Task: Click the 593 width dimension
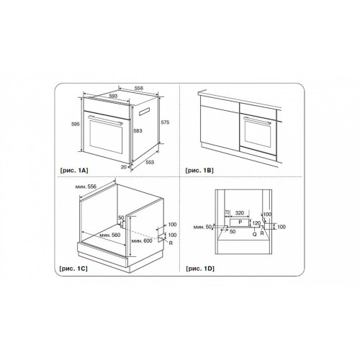113,96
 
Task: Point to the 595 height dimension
76,124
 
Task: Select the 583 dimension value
138,131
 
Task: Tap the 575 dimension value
165,122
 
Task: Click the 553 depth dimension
150,162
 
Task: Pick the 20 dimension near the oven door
124,167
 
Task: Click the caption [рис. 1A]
74,171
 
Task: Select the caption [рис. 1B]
199,171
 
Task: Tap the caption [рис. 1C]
73,269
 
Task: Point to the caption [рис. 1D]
200,269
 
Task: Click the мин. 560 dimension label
110,235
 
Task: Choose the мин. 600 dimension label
142,240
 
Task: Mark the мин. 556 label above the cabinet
86,186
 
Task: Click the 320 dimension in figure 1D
240,213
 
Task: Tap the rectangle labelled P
239,223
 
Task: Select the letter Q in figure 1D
255,234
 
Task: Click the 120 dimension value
256,223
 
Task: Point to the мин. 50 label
202,227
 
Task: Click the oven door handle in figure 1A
106,120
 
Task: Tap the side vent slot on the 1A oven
144,112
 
